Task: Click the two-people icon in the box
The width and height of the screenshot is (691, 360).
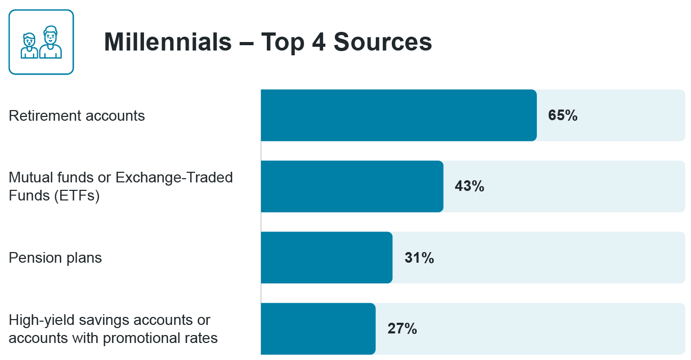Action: tap(41, 42)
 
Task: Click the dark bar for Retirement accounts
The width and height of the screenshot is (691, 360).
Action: tap(398, 115)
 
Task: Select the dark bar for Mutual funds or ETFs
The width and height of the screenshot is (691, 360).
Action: tap(352, 187)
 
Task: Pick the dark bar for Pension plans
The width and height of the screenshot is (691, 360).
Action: tap(326, 258)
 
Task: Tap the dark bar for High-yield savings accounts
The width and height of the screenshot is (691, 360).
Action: tap(318, 329)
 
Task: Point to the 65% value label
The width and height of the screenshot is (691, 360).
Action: tap(563, 115)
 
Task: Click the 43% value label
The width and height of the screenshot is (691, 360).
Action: tap(469, 187)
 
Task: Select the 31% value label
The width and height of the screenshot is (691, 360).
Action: tap(419, 258)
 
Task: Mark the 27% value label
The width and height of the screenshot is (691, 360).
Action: tap(402, 329)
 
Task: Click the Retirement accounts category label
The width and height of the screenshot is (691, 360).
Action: tap(77, 116)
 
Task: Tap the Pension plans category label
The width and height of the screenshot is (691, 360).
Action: tap(55, 258)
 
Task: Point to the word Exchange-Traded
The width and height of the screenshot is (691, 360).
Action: tap(174, 177)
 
